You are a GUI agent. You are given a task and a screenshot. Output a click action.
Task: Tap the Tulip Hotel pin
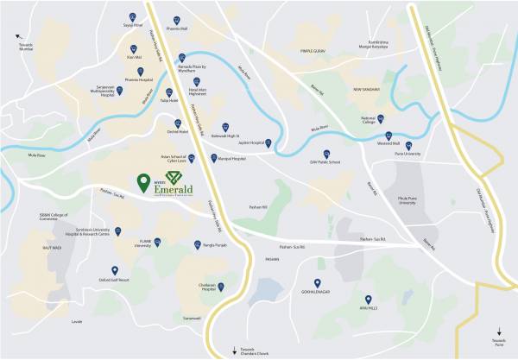point(168,92)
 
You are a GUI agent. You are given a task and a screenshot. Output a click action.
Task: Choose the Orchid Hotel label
point(178,133)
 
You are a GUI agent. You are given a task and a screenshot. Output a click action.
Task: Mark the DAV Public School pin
point(327,149)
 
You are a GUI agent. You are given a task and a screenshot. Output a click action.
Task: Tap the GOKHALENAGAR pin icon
point(319,283)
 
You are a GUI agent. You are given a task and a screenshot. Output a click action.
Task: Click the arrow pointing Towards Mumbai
point(19,35)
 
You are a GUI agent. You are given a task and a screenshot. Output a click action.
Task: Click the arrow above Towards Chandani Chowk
point(233,348)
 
